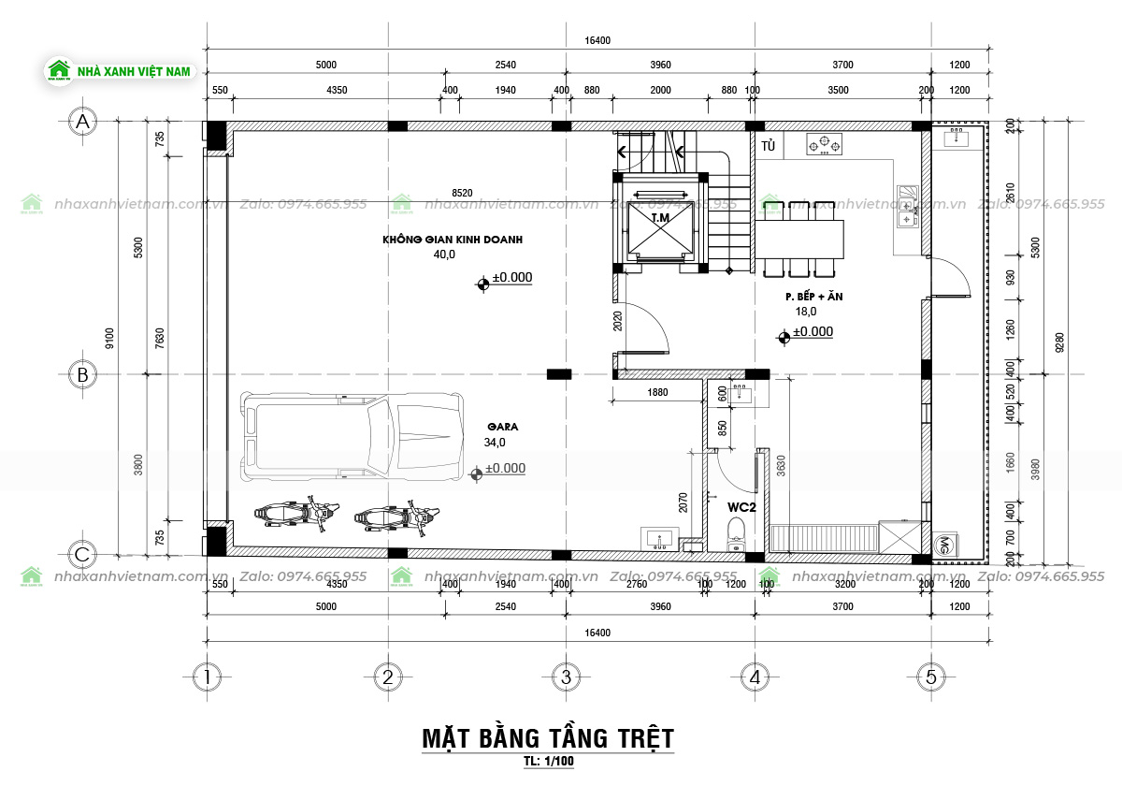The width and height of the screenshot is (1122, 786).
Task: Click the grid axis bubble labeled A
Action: point(83,122)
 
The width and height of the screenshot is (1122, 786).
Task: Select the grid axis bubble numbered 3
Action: point(564,677)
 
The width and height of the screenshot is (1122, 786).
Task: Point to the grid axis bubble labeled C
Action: point(83,555)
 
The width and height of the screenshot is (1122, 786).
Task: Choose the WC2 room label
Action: point(741,506)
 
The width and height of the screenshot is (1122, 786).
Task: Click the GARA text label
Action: point(501,427)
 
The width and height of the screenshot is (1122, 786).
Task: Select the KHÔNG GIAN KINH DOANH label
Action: point(452,240)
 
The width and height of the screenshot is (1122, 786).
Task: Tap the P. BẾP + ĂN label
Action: point(814,297)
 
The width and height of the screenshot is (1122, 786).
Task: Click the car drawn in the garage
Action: point(352,437)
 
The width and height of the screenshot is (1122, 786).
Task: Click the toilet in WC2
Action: point(735,536)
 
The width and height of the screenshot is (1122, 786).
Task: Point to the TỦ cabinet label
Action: point(769,147)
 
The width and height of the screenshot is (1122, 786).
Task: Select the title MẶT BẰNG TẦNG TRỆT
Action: point(547,737)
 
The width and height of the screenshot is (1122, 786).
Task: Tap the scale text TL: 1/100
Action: point(549,762)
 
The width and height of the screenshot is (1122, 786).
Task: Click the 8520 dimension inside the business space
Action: point(462,193)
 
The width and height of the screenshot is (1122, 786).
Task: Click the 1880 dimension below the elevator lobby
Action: point(657,393)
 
